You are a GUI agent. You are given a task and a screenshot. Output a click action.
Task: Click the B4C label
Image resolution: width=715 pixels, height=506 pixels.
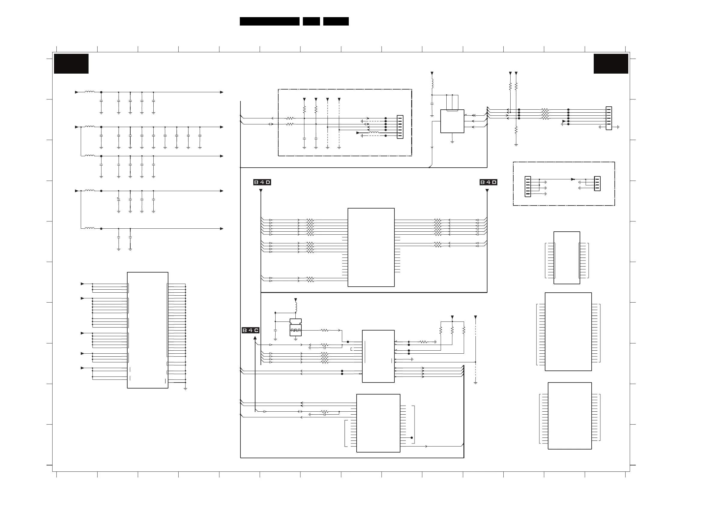pos(250,330)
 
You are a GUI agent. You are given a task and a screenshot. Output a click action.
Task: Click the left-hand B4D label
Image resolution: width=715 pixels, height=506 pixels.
pos(262,182)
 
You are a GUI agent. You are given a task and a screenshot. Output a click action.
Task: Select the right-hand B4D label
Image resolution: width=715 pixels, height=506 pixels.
pos(488,182)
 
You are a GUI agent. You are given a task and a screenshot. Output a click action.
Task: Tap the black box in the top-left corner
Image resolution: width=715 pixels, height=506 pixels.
pos(71,64)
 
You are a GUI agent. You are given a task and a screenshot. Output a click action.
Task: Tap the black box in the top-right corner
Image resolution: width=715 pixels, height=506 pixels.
pos(611,64)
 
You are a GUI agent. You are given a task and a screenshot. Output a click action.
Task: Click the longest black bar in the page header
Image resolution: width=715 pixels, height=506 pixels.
pos(269,21)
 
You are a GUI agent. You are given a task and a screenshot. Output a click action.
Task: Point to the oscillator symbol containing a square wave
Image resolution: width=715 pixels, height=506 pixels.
pos(296,330)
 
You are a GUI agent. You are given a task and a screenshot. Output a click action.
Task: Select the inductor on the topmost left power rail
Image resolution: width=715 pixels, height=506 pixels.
pos(90,92)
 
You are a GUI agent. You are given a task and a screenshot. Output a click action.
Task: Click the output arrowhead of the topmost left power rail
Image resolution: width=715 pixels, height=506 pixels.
pos(222,92)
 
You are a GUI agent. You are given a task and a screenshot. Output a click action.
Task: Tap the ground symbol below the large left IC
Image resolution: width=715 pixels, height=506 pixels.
pos(185,389)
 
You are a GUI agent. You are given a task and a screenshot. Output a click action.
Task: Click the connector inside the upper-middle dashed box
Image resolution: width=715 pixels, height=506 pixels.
pos(400,127)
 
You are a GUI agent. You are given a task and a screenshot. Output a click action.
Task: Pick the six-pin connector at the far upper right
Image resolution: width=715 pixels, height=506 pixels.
pos(609,118)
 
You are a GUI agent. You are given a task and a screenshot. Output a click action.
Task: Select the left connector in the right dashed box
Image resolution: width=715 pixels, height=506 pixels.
pos(527,186)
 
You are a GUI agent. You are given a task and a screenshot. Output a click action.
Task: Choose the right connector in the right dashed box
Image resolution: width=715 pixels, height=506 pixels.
pos(597,184)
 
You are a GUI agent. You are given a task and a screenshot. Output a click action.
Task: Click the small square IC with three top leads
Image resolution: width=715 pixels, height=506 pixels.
pos(452,121)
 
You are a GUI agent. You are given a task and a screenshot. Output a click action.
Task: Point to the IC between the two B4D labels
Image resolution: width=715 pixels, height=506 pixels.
pos(371,247)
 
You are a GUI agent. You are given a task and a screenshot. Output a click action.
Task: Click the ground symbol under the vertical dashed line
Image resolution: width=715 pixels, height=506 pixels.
pos(475,383)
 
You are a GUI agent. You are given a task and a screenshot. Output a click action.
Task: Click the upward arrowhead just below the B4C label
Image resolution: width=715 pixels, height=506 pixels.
pos(255,338)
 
